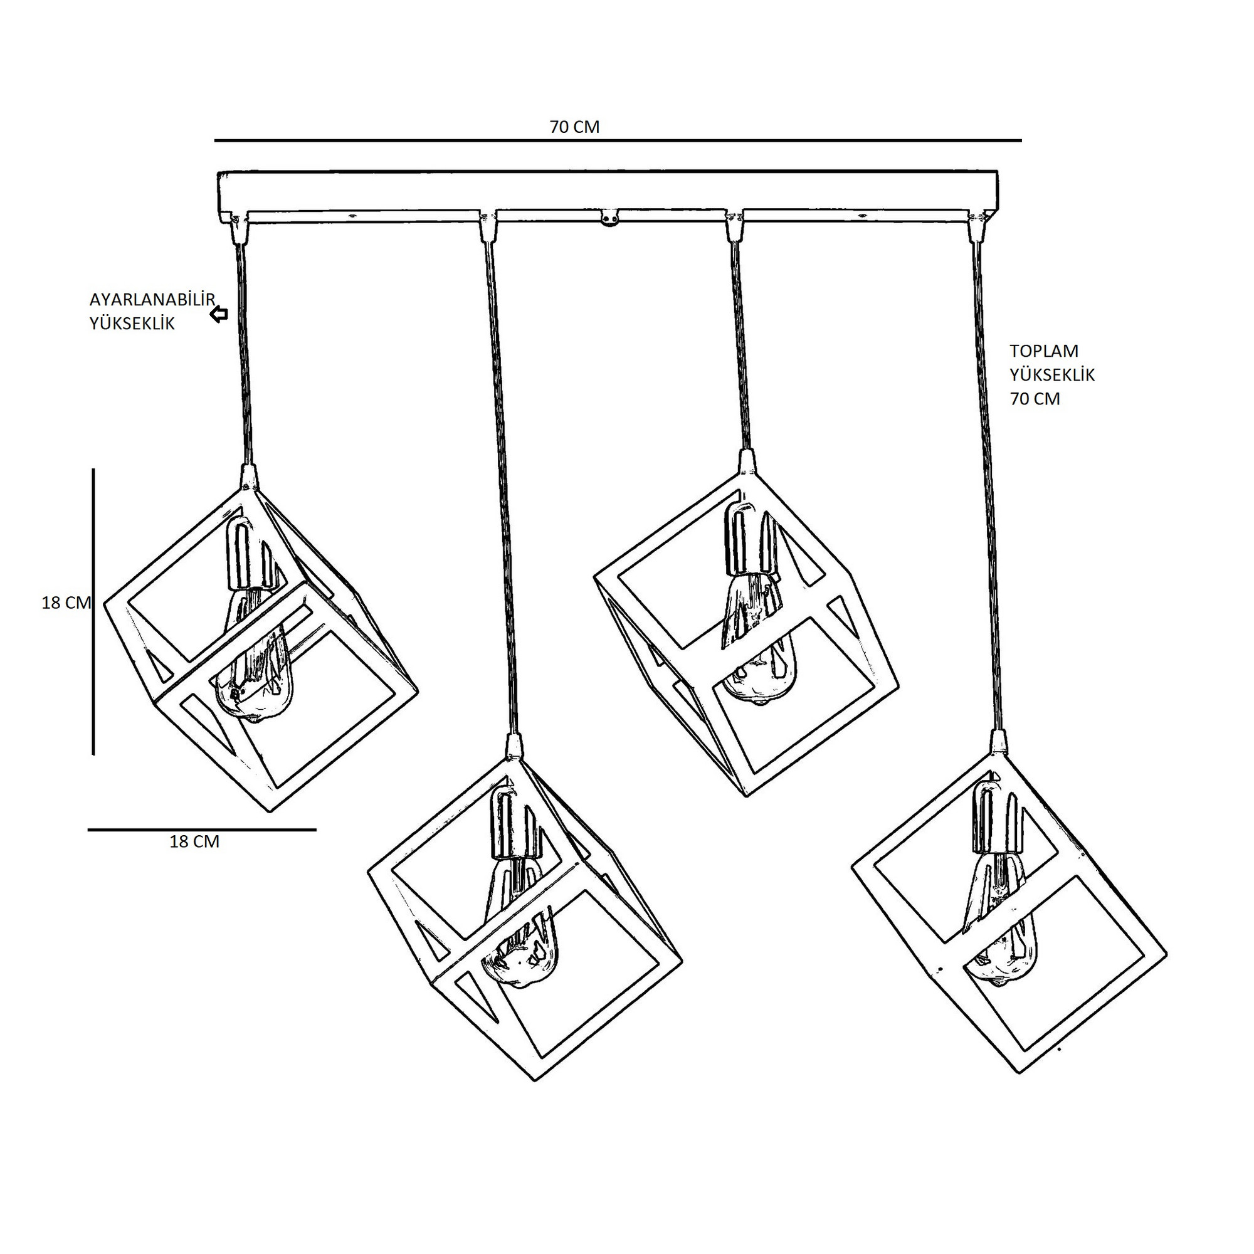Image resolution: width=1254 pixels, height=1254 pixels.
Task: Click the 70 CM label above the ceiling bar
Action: click(x=574, y=127)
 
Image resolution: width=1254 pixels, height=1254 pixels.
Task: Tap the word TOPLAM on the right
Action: click(x=1045, y=351)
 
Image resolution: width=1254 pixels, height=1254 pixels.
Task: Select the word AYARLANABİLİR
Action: click(x=152, y=300)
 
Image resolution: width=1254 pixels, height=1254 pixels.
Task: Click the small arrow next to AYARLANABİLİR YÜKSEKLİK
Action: click(x=219, y=315)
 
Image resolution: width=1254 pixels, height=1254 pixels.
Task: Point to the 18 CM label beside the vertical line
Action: click(x=66, y=603)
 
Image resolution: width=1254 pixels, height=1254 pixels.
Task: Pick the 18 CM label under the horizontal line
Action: click(x=195, y=842)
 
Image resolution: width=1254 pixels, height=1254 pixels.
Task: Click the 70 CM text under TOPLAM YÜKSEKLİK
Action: click(x=1035, y=399)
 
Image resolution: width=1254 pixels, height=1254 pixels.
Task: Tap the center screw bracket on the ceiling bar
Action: click(x=609, y=218)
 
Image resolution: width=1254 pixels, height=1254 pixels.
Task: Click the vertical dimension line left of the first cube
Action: click(x=93, y=611)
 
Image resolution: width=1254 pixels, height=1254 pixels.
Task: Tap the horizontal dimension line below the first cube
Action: click(x=202, y=830)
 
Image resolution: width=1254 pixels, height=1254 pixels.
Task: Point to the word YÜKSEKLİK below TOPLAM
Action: click(x=1052, y=374)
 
